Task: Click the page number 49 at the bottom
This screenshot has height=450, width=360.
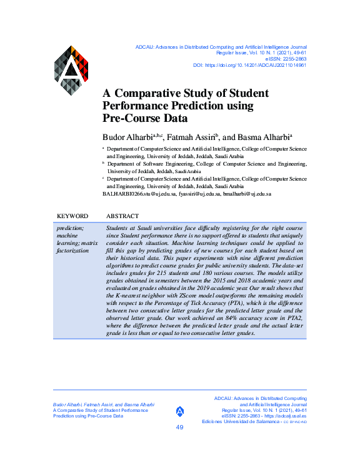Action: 180,427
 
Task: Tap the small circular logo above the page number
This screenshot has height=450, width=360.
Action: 180,411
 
